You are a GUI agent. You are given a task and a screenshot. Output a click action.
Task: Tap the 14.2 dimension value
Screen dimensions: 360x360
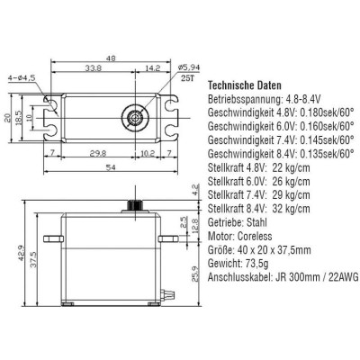pyautogui.click(x=152, y=67)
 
